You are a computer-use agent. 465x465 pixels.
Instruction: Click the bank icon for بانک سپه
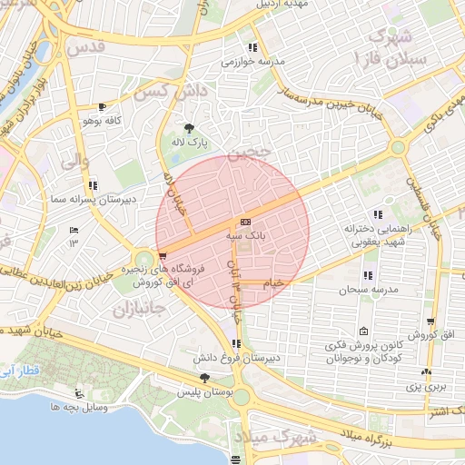(245, 223)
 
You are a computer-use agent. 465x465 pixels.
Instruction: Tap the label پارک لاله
(192, 143)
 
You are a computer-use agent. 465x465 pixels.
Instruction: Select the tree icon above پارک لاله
(189, 129)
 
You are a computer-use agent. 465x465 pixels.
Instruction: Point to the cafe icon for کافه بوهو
(102, 106)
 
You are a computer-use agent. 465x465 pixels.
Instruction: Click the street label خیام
(272, 282)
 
